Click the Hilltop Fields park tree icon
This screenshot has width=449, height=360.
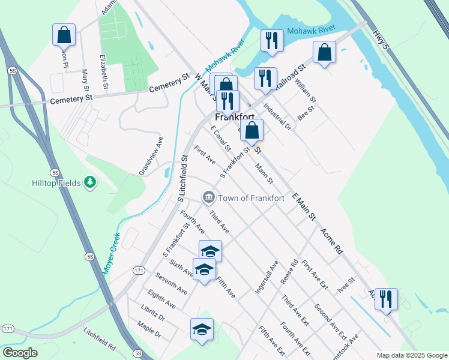click(x=89, y=181)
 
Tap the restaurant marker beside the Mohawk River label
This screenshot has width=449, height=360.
click(x=272, y=41)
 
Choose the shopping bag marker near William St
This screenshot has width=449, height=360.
click(x=324, y=52)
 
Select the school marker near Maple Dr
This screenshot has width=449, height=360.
click(x=202, y=329)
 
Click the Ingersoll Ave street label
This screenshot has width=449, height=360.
click(x=267, y=277)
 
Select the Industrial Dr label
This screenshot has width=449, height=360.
click(x=277, y=118)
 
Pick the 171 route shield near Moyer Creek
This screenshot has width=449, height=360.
click(x=139, y=271)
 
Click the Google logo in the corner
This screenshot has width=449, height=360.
click(x=20, y=353)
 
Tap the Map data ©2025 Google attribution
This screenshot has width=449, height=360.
click(x=411, y=355)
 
